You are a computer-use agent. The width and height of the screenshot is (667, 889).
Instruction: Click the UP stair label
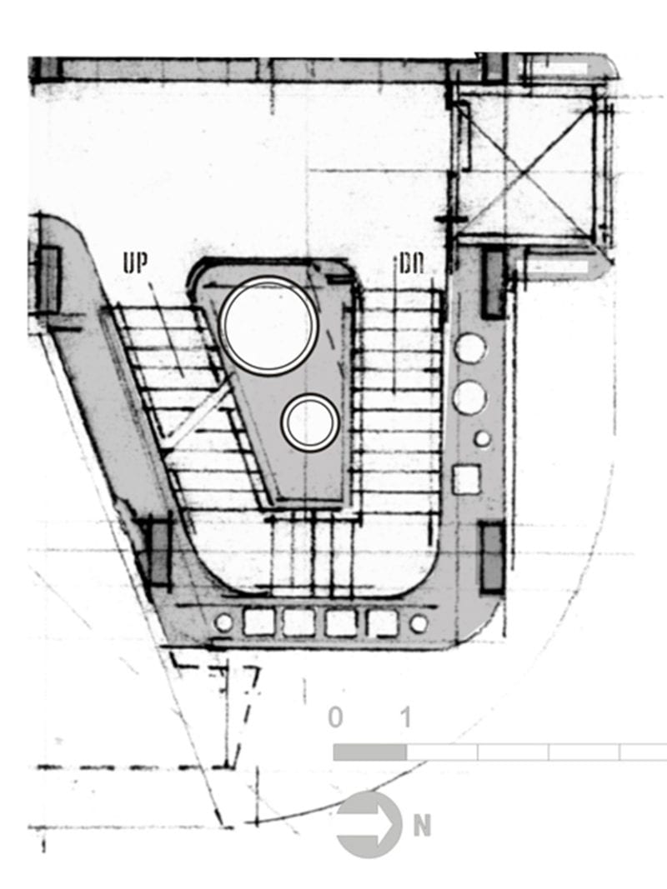click(135, 263)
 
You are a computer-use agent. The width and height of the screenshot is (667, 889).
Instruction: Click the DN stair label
click(411, 264)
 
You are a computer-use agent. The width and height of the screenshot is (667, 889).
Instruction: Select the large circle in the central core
click(268, 326)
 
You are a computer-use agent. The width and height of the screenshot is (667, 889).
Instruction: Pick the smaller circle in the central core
click(309, 422)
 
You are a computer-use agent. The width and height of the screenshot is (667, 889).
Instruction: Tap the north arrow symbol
click(369, 824)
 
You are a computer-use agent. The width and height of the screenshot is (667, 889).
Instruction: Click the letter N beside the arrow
click(421, 826)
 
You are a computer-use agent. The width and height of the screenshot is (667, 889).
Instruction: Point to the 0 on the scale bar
click(336, 717)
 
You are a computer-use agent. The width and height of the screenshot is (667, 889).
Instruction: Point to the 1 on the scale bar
click(405, 717)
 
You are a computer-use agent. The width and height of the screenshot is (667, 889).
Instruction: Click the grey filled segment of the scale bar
click(370, 752)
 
